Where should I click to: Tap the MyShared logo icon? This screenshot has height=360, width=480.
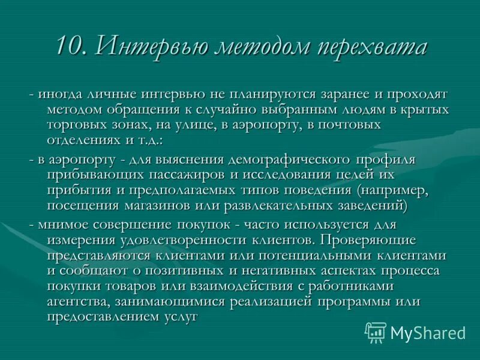pyautogui.click(x=376, y=332)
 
